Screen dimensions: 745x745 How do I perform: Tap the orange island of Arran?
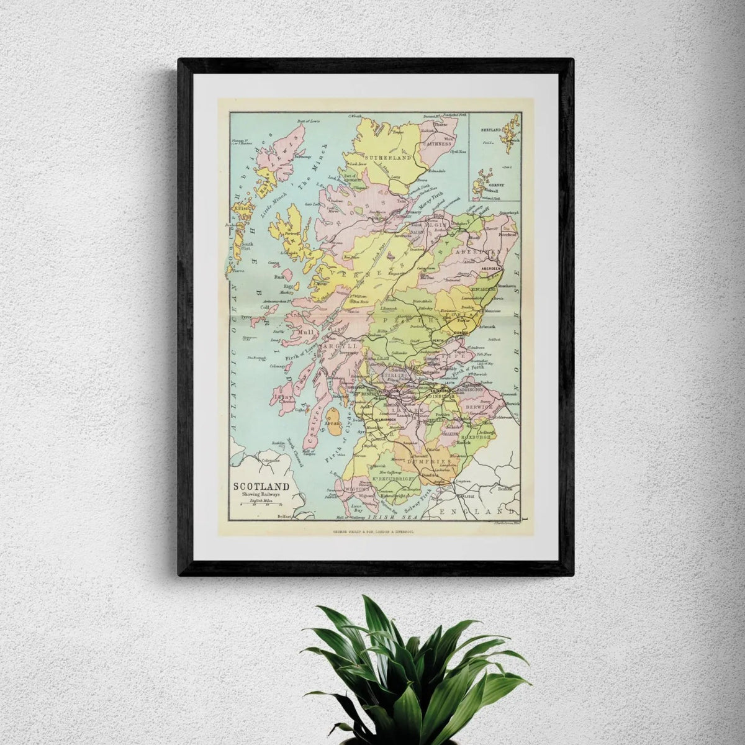point(333,427)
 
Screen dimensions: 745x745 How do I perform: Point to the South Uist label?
point(247,246)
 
